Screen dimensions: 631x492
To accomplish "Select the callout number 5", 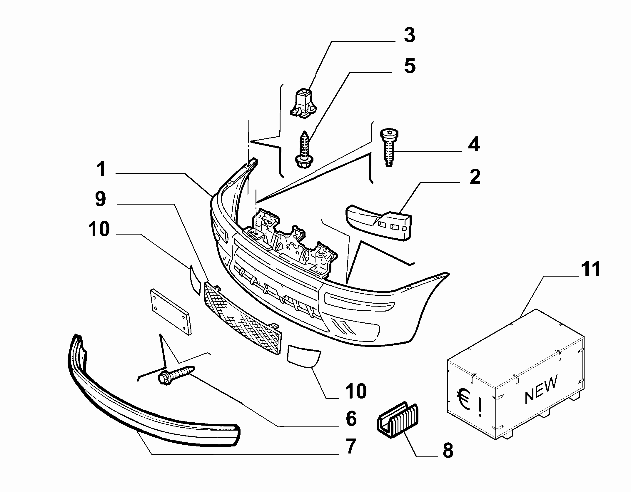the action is click(410, 66).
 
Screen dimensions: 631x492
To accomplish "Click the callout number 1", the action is click(102, 169).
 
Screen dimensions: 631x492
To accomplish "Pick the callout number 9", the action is click(100, 200).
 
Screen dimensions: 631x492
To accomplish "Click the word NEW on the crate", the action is click(541, 389).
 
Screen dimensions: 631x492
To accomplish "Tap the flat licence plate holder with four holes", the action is click(171, 312).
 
